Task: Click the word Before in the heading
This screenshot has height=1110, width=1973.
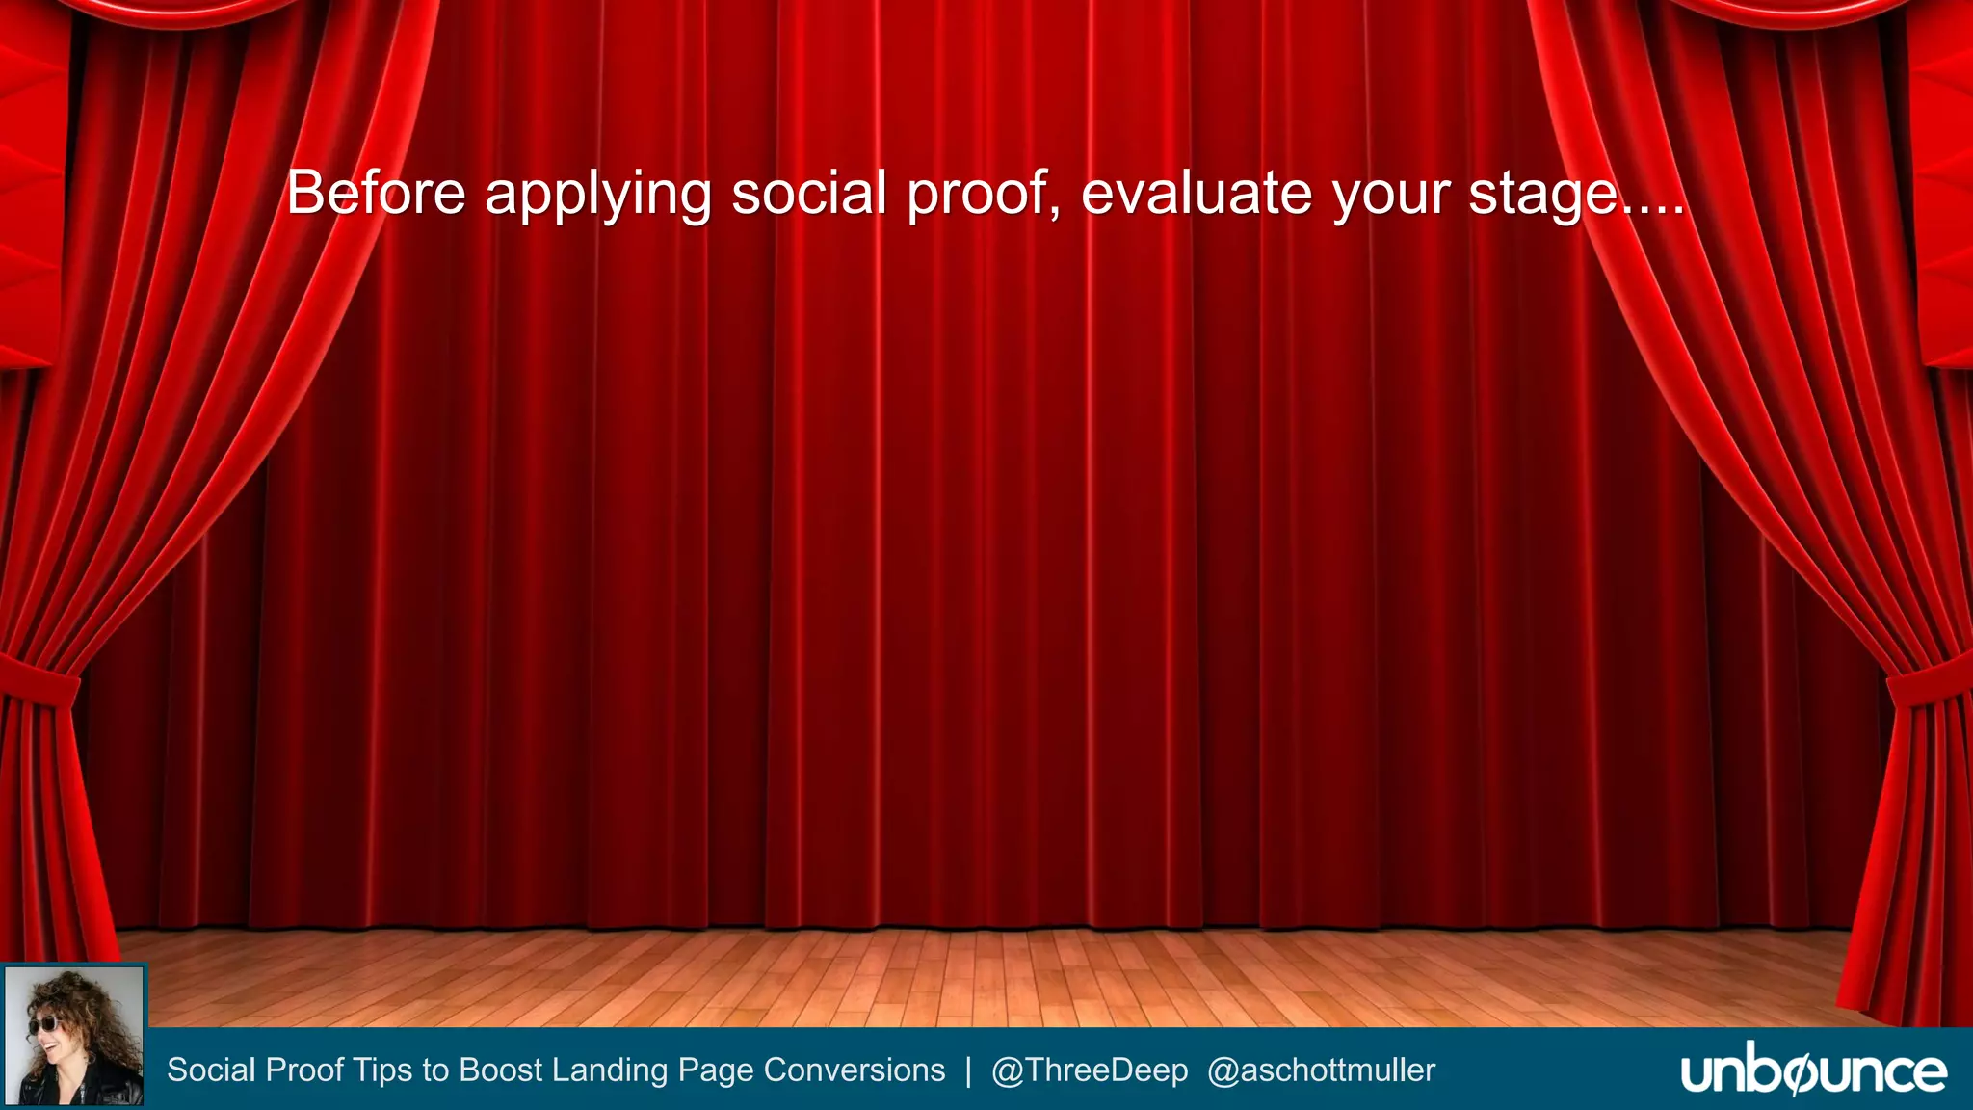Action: click(x=376, y=193)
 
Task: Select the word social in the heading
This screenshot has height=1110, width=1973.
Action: click(x=809, y=193)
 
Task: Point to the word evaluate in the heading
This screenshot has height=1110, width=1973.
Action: click(x=1197, y=193)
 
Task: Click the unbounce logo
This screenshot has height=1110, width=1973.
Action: click(x=1813, y=1071)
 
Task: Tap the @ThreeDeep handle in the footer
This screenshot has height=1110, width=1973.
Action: click(x=1089, y=1070)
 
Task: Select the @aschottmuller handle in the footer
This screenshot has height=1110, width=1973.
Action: click(x=1321, y=1070)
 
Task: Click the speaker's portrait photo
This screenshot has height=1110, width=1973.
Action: click(x=74, y=1036)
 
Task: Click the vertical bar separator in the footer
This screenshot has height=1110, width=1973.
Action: click(x=968, y=1070)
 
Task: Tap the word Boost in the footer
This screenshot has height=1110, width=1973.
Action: click(x=501, y=1070)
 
